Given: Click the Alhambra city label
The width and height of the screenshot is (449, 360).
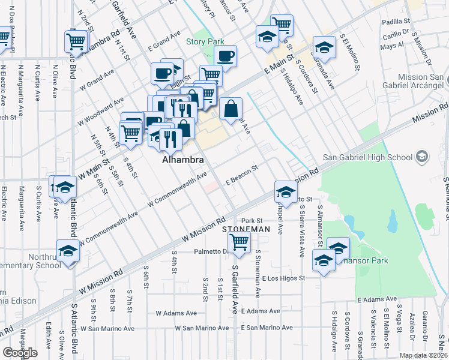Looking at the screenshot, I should pyautogui.click(x=183, y=161).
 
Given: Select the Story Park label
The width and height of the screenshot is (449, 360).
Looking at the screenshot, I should pyautogui.click(x=204, y=41).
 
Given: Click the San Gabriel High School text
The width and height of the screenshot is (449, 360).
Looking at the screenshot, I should pyautogui.click(x=368, y=158).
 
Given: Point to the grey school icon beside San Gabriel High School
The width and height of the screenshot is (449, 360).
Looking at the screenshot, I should pyautogui.click(x=422, y=157).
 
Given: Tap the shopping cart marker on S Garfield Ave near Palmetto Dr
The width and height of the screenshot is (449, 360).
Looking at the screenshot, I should pyautogui.click(x=240, y=243).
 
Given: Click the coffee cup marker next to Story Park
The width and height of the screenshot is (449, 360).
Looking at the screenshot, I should pyautogui.click(x=225, y=57).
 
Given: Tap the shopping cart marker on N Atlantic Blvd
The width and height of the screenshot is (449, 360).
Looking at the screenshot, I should pyautogui.click(x=76, y=41).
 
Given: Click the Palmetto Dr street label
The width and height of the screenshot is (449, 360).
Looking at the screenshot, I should pyautogui.click(x=209, y=252).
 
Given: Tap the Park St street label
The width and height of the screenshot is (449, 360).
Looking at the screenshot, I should pyautogui.click(x=253, y=221).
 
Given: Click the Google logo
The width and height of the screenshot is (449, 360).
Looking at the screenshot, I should pyautogui.click(x=20, y=352).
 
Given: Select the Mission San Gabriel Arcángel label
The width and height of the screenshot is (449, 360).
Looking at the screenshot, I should pyautogui.click(x=420, y=82).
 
